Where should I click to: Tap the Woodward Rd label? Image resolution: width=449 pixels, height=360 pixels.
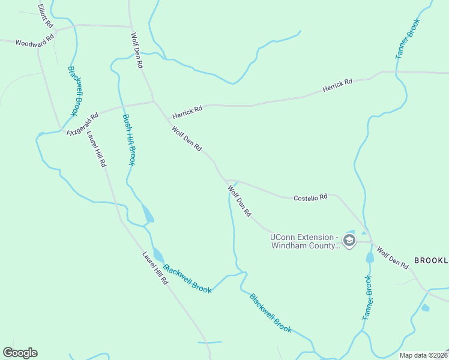(x=35, y=43)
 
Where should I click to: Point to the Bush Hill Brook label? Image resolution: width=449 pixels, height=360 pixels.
(x=129, y=140)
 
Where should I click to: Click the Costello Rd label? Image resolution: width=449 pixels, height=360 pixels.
(x=310, y=197)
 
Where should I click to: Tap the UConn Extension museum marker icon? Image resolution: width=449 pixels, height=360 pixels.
(x=349, y=241)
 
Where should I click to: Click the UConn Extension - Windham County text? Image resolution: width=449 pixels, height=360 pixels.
(x=305, y=241)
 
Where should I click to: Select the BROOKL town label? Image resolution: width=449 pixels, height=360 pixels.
(x=431, y=260)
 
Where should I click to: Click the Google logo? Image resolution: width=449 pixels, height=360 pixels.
(x=20, y=352)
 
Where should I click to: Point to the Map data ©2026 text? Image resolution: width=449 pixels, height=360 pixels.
(x=423, y=355)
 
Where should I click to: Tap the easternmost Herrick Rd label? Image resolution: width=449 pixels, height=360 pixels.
(x=337, y=85)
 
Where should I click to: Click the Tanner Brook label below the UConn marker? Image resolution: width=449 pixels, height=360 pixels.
(x=367, y=296)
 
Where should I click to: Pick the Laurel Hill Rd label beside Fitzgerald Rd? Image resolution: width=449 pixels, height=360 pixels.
(x=96, y=148)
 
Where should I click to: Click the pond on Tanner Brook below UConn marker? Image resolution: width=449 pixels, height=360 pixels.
(x=370, y=258)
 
